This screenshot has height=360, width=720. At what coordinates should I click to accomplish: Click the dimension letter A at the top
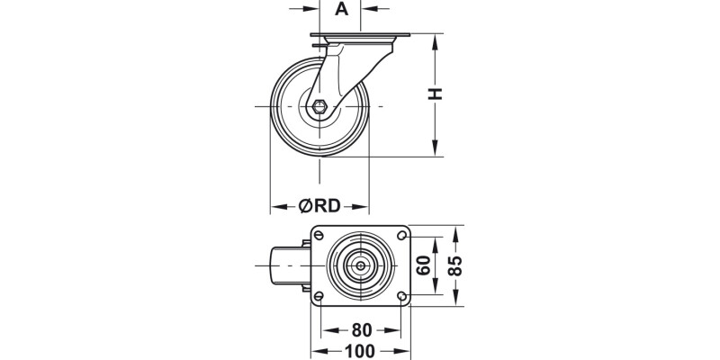point(342,10)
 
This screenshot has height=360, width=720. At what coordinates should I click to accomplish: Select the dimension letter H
point(436,94)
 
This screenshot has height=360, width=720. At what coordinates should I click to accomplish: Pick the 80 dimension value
point(361,330)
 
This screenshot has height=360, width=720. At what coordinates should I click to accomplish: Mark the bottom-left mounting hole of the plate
point(319,296)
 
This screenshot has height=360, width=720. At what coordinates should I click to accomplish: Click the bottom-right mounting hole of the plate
point(400,296)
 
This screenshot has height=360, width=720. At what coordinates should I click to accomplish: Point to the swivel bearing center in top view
point(360,266)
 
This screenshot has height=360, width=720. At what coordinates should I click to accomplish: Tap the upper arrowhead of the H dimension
point(436,40)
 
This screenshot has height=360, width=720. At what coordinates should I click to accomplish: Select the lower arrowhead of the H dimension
point(436,151)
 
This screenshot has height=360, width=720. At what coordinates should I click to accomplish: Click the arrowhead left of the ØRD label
point(276,205)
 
